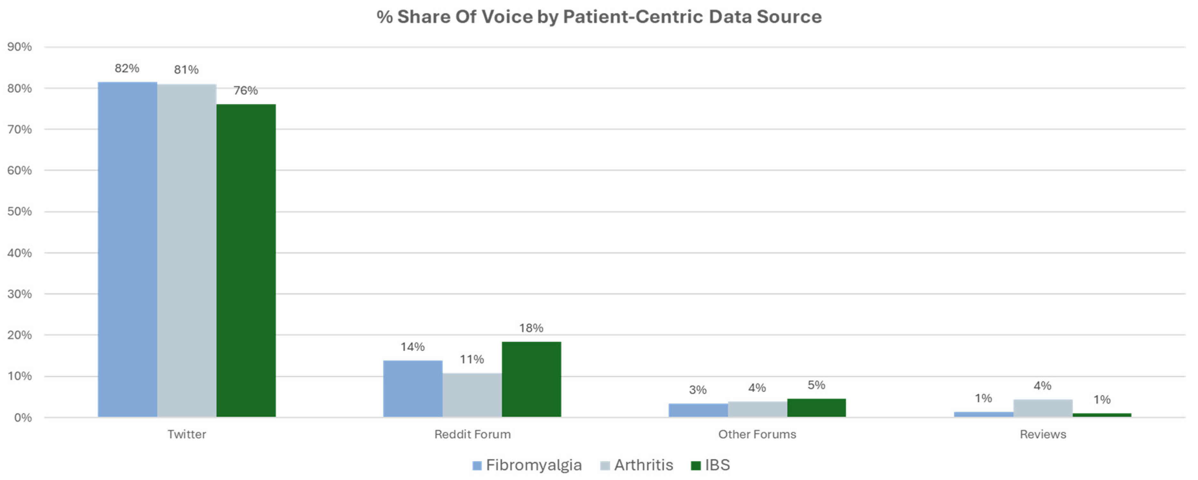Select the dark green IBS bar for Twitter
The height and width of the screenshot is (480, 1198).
[x=246, y=260]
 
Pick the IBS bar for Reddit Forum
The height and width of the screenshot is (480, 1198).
[x=531, y=379]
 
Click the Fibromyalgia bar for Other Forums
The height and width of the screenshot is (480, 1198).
[x=698, y=410]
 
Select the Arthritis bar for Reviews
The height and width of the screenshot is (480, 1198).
[x=1043, y=408]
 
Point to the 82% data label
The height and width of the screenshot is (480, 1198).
[x=127, y=69]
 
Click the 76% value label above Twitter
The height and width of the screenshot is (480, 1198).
[x=246, y=90]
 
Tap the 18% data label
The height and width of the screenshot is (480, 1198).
[x=531, y=328]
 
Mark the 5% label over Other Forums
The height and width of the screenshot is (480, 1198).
[x=816, y=385]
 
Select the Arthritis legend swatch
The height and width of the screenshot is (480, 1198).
[x=605, y=466]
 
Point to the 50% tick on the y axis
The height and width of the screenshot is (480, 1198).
[x=20, y=212]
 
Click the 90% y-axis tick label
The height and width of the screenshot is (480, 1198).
[x=20, y=47]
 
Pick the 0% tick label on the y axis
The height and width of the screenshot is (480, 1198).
[x=22, y=418]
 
